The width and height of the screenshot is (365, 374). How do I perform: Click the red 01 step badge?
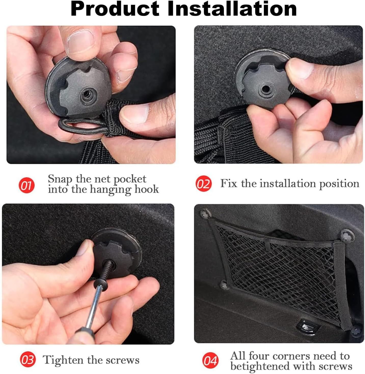26,185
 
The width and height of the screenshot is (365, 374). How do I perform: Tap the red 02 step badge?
204,184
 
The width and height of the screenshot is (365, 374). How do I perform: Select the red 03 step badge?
28,359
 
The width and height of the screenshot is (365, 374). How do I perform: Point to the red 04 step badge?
210,360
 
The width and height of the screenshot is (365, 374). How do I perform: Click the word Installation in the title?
232,9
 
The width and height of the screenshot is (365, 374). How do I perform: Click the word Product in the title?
115,9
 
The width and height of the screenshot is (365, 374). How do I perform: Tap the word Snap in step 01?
60,179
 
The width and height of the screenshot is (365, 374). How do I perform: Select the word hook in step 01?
147,189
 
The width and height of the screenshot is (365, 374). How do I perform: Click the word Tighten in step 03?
63,360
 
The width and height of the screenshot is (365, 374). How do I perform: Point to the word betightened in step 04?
260,366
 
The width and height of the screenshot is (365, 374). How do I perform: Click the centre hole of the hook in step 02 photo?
265,89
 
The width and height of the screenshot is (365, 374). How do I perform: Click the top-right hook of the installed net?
347,236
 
